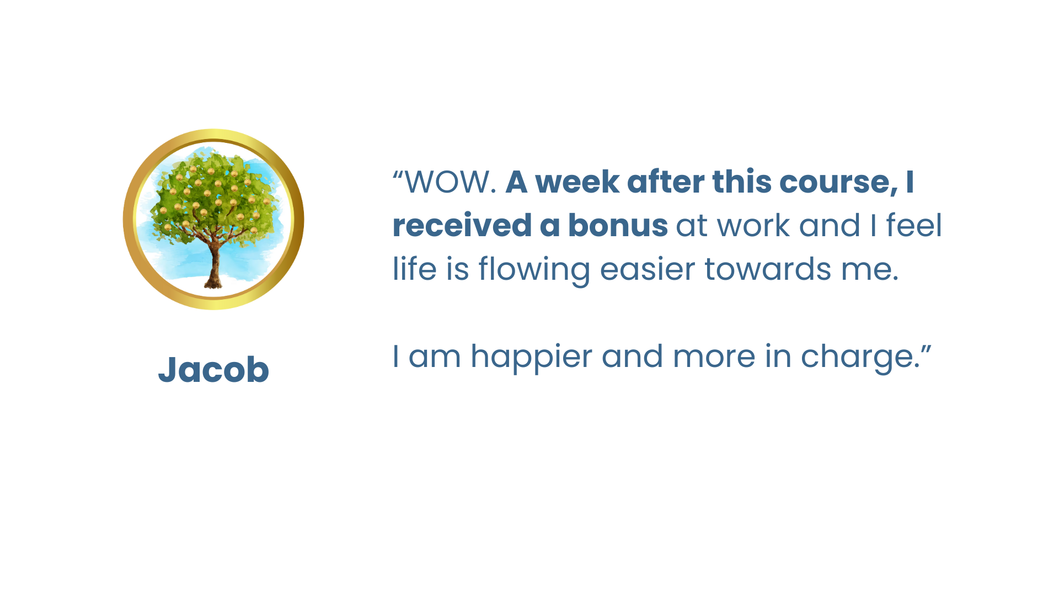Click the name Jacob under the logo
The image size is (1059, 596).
213,369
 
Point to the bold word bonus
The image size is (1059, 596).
618,226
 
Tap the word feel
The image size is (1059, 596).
914,226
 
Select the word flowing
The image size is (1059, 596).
534,270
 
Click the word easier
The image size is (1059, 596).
648,270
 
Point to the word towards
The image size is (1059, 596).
768,270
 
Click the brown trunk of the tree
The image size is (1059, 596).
213,265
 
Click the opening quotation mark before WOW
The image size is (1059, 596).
398,174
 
